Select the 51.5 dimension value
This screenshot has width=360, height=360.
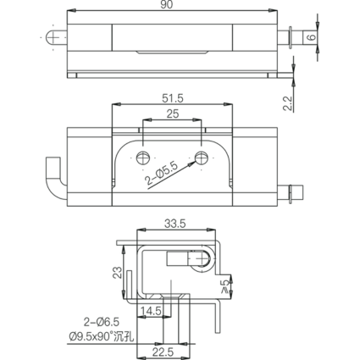pos(173,98)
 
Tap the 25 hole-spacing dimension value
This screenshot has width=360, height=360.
pos(173,114)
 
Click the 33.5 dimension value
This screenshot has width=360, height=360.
pos(175,224)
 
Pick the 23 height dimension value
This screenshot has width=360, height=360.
pos(118,273)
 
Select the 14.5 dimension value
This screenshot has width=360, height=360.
pos(151,311)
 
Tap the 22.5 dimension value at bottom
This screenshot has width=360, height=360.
pos(163,352)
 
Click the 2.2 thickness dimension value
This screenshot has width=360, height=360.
pos(287,103)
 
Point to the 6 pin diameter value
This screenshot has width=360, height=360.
pos(312,37)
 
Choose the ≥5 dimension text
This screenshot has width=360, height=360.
pos(225,286)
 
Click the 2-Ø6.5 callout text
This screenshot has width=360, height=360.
pos(102,322)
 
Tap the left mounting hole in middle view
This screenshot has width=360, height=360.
pos(143,158)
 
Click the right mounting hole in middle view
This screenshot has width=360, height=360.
pos(202,158)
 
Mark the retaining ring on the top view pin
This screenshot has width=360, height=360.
pos(290,37)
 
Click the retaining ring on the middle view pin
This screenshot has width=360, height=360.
pos(290,194)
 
